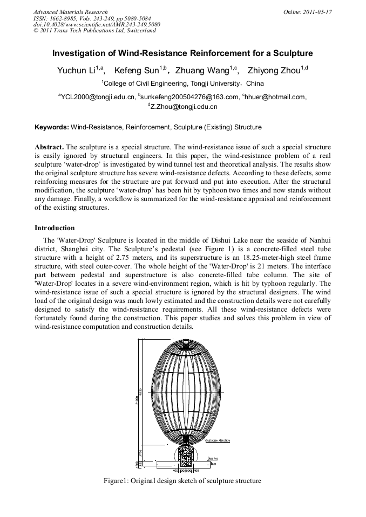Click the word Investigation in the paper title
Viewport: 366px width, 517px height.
pyautogui.click(x=78, y=54)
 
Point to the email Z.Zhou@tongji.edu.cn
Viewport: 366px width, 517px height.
pyautogui.click(x=184, y=107)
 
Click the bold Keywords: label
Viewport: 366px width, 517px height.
pyautogui.click(x=52, y=128)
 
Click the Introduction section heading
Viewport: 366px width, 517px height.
pyautogui.click(x=55, y=228)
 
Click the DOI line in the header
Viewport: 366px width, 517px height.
pyautogui.click(x=97, y=24)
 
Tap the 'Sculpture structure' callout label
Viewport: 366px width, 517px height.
pyautogui.click(x=218, y=440)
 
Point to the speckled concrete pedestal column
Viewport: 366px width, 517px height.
pyautogui.click(x=186, y=454)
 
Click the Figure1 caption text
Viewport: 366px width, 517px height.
pyautogui.click(x=182, y=481)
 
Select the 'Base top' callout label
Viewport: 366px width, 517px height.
pyautogui.click(x=213, y=458)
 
